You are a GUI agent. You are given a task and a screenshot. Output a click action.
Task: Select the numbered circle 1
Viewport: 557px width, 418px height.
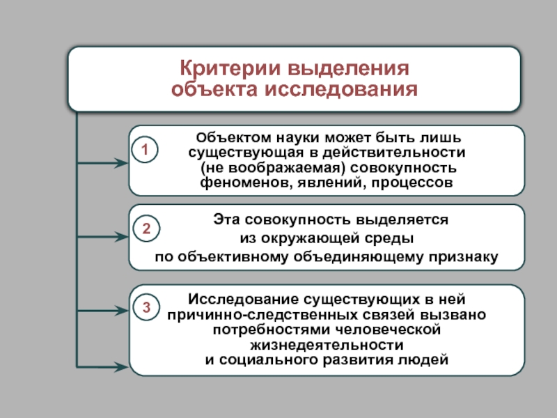146,149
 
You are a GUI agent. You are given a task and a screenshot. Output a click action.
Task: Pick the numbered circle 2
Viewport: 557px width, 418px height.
146,229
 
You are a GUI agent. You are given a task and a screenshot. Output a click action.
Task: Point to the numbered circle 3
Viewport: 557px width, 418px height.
146,307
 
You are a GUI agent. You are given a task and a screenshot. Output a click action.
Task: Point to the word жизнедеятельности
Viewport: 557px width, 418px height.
327,345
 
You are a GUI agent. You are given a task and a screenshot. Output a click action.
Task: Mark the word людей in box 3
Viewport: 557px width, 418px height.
421,360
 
